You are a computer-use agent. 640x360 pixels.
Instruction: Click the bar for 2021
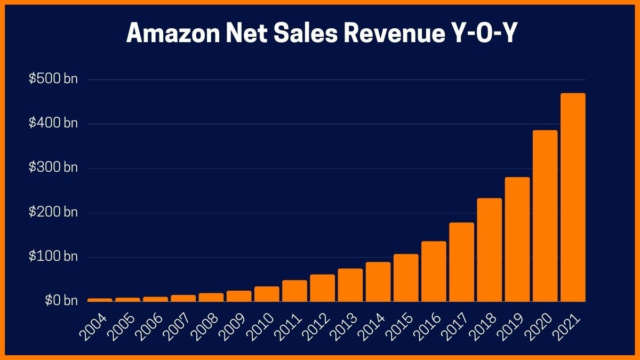[x=573, y=197]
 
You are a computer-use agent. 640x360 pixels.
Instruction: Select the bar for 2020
[x=545, y=216]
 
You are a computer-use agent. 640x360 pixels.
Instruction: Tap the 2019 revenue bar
[x=517, y=239]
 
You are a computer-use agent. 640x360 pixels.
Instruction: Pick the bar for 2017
[x=461, y=262]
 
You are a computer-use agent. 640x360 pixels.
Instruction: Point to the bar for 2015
[x=406, y=278]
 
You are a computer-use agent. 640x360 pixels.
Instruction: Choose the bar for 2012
[x=323, y=288]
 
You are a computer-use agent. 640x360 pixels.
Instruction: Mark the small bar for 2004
[x=100, y=300]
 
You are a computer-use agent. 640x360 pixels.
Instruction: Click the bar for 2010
[x=267, y=294]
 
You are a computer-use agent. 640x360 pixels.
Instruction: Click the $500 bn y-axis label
[x=53, y=79]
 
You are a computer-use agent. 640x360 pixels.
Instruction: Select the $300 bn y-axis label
[x=53, y=168]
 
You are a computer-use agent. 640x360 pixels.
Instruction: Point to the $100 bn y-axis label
[x=53, y=257]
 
